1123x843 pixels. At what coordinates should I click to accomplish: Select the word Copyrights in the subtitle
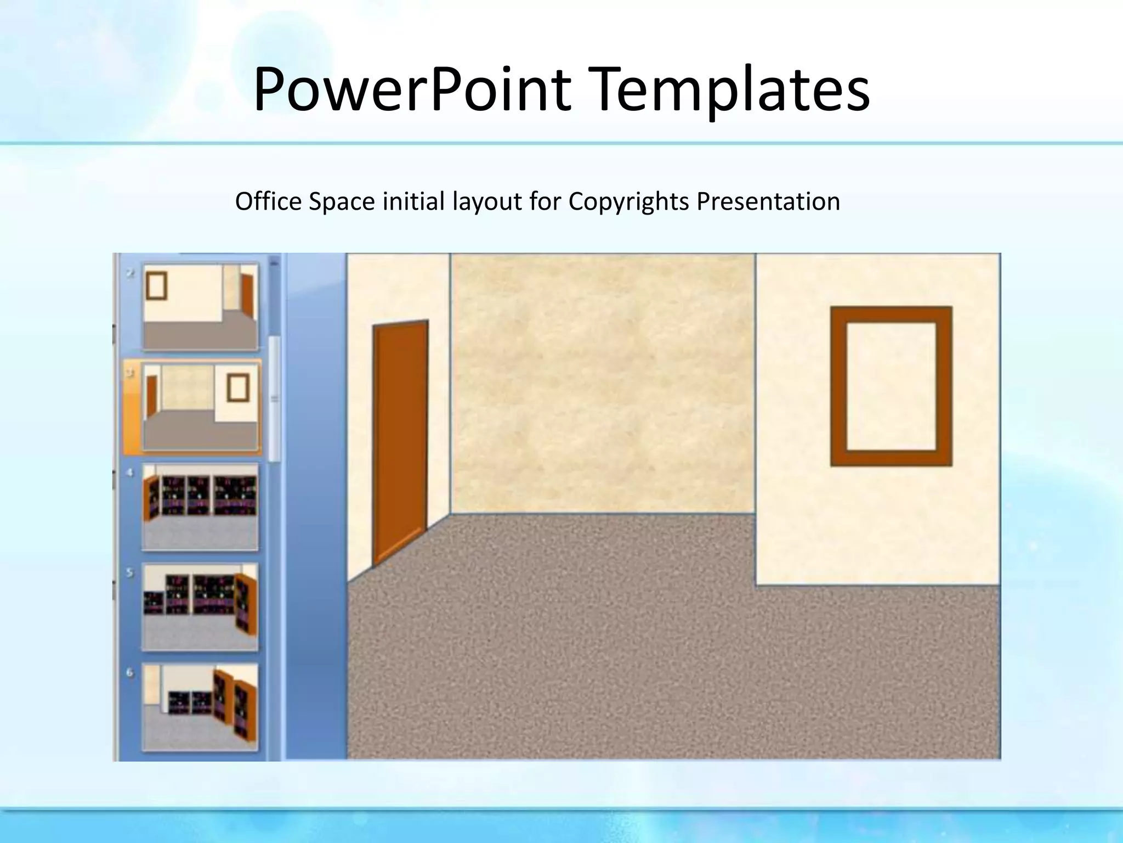click(x=628, y=202)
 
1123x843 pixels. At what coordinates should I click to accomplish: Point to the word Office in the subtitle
click(x=268, y=201)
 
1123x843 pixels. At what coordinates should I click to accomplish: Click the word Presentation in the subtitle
click(x=768, y=201)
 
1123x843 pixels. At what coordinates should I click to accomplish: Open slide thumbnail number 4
click(x=200, y=506)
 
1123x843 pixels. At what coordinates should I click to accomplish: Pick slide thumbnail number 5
click(x=200, y=606)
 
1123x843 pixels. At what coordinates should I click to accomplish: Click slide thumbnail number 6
click(x=200, y=706)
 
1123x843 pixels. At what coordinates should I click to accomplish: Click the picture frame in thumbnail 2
click(x=156, y=285)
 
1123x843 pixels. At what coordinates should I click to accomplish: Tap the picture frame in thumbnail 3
click(x=239, y=387)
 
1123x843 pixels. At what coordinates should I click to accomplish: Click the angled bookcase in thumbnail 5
click(x=246, y=604)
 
